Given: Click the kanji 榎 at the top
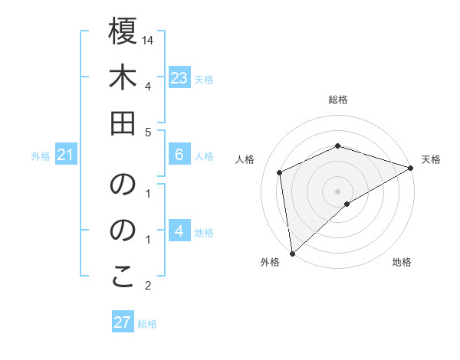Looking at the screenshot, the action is tap(123, 32).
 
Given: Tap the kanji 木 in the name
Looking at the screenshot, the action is tap(123, 78).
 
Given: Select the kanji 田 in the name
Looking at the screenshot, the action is tap(123, 123).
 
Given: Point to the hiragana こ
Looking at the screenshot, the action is tap(123, 277).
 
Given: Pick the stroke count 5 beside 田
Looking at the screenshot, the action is tap(147, 132).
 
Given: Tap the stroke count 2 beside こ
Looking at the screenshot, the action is tap(147, 286).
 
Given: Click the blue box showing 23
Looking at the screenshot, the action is tap(179, 78).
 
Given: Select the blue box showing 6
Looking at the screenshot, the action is tap(179, 155).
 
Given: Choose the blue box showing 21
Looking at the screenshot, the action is tap(65, 155).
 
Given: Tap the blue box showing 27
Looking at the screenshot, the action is tap(123, 322).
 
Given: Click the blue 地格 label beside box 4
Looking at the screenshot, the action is tap(205, 232).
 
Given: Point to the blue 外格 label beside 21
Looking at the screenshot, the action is tap(41, 156).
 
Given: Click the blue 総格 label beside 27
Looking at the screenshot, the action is tap(147, 324).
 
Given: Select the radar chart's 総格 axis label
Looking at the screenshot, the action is tap(338, 100).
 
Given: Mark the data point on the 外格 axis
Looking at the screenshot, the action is tap(292, 253).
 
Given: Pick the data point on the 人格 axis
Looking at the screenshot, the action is tap(280, 172).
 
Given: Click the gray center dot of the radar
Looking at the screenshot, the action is tap(338, 191).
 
